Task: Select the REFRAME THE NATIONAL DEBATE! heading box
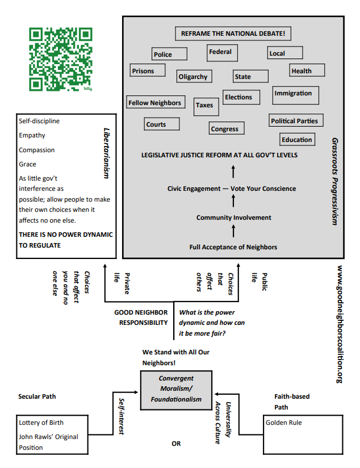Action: point(233,34)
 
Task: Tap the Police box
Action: point(169,54)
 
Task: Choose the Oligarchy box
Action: point(193,76)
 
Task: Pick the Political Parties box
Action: point(294,120)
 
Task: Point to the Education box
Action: point(297,139)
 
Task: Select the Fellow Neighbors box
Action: point(155,103)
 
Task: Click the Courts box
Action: point(162,124)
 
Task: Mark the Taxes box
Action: point(204,105)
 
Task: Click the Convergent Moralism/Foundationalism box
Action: point(176,389)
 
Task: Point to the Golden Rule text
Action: point(284,423)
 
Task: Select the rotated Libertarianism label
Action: point(106,153)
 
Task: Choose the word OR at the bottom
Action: point(176,444)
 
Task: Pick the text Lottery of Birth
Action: point(41,423)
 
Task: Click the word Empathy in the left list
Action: point(32,135)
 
